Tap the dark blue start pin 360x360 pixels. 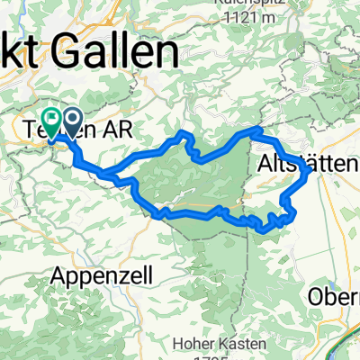tap(68, 118)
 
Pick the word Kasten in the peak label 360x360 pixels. tap(248, 343)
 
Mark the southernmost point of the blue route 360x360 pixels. tap(264, 230)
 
